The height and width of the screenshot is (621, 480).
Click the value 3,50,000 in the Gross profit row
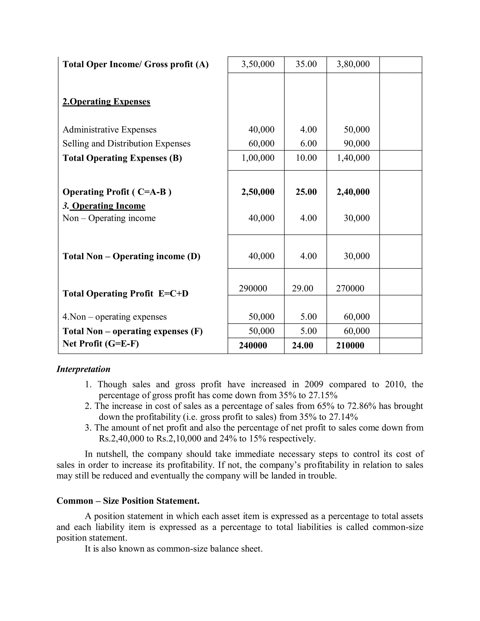click(x=258, y=64)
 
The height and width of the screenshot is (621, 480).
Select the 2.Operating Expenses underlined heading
click(x=106, y=102)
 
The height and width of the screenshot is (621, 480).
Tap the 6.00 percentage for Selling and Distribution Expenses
click(x=308, y=144)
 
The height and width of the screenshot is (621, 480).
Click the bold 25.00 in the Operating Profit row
click(x=306, y=192)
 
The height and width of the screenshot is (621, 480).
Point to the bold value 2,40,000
click(x=353, y=192)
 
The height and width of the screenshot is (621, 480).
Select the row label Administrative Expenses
click(x=109, y=130)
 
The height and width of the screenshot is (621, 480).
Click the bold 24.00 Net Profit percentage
click(x=302, y=346)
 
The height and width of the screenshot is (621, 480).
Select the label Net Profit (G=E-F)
click(x=101, y=344)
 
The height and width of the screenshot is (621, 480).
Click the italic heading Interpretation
click(x=83, y=369)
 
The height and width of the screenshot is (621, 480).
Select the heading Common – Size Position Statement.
click(x=128, y=501)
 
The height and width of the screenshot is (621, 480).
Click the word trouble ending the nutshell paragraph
click(x=322, y=476)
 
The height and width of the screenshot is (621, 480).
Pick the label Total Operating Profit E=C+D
click(x=125, y=294)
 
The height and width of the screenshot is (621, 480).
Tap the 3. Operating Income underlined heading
click(x=104, y=206)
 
